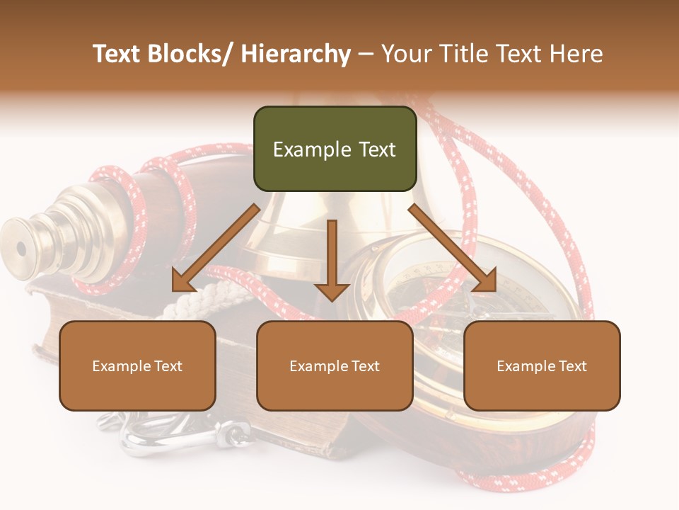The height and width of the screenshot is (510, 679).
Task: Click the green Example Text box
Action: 335,149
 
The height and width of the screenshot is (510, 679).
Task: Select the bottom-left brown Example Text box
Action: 137,365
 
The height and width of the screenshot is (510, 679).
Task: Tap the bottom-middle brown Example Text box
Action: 335,365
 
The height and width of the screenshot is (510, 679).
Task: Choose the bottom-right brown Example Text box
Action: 542,365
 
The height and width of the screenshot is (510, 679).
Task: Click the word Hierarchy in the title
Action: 296,55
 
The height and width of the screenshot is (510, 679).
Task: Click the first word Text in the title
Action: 117,55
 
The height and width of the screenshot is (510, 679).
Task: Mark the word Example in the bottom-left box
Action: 122,366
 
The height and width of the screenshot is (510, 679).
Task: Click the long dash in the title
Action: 366,55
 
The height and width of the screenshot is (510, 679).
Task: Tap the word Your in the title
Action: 404,55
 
